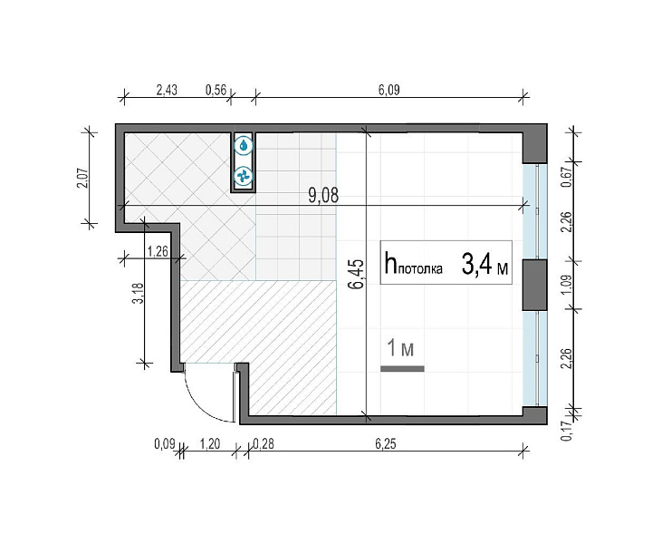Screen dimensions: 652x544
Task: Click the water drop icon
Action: tap(244, 145)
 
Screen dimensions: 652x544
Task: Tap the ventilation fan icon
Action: tap(244, 177)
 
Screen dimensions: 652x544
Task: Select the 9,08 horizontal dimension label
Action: tap(323, 195)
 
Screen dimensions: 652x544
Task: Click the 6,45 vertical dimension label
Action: tap(357, 274)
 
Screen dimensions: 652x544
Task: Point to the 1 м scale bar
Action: tap(402, 368)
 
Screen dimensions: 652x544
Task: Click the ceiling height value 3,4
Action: tap(477, 265)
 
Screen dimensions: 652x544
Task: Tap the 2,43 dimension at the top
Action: tap(167, 90)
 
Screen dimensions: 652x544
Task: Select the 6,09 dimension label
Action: tap(388, 90)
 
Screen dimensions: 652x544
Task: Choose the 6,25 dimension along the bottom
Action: tap(386, 444)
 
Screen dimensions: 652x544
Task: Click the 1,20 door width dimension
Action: tap(210, 444)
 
